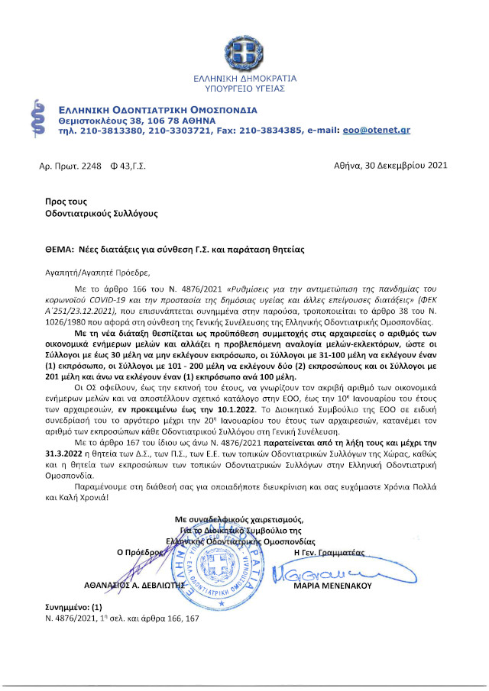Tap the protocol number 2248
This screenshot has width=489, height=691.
pos(89,166)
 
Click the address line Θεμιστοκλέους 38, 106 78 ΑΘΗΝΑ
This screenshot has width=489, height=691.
pos(138,121)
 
